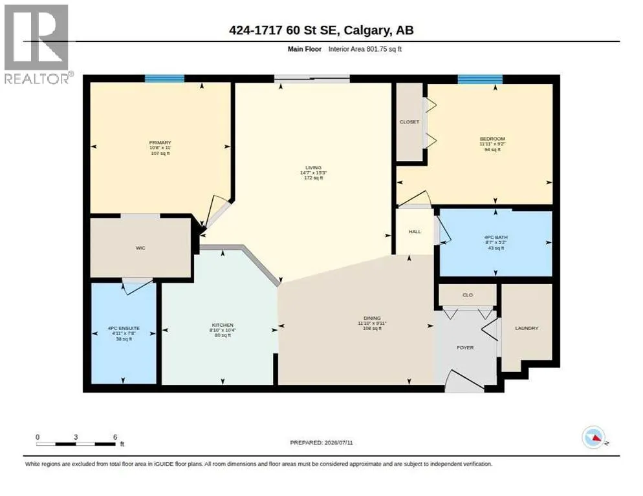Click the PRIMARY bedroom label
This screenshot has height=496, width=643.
point(160,143)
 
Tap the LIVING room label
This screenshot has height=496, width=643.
point(313,167)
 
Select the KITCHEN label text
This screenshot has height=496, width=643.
point(223,325)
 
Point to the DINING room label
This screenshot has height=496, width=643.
point(372,318)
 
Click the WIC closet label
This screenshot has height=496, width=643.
point(140,248)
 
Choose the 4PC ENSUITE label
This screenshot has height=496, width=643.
point(124,328)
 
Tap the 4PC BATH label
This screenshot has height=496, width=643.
point(496,237)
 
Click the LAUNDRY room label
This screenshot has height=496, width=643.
point(527,328)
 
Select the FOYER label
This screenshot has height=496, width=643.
point(465,347)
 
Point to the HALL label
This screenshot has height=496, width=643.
point(415,231)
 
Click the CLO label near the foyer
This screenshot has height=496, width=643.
point(468,295)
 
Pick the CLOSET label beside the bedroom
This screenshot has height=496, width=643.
point(409,121)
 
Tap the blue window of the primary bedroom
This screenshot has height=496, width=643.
point(164,78)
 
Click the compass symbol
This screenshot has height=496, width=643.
point(594,437)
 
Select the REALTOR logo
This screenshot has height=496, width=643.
point(37,44)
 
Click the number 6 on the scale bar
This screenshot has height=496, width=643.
point(115,437)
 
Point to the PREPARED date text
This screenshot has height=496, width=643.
point(321,442)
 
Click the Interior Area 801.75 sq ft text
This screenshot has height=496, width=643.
point(365,48)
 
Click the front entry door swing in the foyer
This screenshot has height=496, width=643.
point(465,381)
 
